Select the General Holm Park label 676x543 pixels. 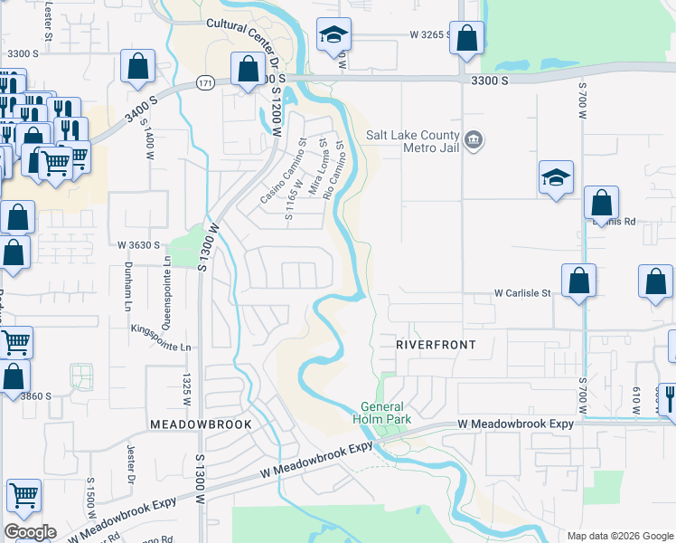pyautogui.click(x=386, y=413)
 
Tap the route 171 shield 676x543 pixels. pyautogui.click(x=205, y=83)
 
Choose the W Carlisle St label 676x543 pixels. pyautogui.click(x=521, y=293)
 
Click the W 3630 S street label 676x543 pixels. pyautogui.click(x=138, y=244)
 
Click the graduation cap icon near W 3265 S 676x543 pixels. pyautogui.click(x=333, y=36)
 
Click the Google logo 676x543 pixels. pyautogui.click(x=30, y=532)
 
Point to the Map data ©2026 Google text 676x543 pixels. pyautogui.click(x=619, y=536)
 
